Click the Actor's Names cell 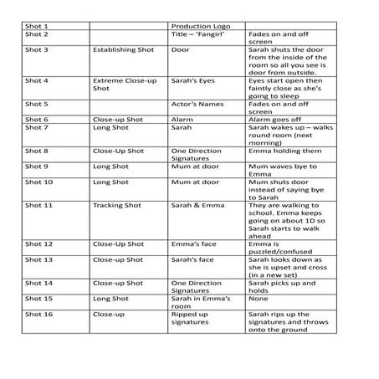(x=193, y=104)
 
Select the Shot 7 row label (x=37, y=128)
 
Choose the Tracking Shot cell (x=118, y=205)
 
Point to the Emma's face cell (x=191, y=244)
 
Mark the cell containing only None (x=258, y=298)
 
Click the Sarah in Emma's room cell (x=197, y=302)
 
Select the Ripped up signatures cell (x=192, y=321)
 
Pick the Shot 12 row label (x=39, y=244)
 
